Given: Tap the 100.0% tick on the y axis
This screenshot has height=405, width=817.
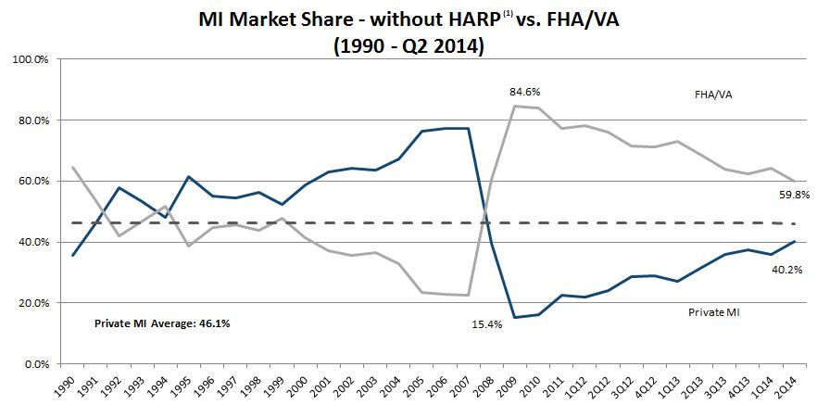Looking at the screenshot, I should [x=32, y=59].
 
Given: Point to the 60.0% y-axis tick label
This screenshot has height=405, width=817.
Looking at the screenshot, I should [x=35, y=181].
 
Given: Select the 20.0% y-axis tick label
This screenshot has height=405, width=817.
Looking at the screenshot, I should [x=35, y=303].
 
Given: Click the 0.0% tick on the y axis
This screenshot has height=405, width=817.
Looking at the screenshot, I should [x=38, y=363].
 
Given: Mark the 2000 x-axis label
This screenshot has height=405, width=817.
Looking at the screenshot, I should [x=297, y=384].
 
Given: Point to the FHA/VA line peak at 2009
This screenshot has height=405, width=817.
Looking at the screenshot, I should [x=515, y=106].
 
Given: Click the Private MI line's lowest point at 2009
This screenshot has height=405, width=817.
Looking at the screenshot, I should [x=515, y=317].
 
